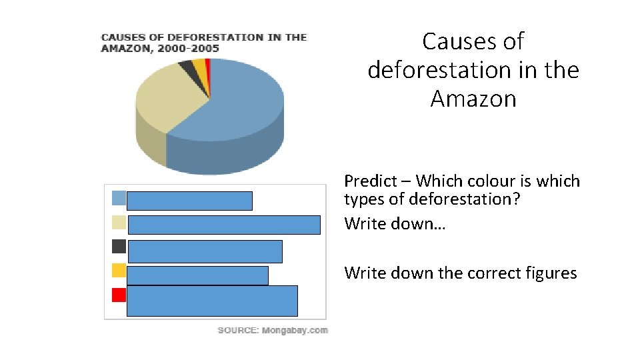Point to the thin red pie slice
coord(208,63)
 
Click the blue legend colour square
coord(119,197)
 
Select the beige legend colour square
coord(119,222)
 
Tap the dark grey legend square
coord(119,246)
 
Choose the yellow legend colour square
coord(119,270)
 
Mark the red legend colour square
coord(119,295)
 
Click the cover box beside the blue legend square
coord(189,201)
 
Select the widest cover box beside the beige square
coord(224,225)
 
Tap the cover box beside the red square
coord(212,301)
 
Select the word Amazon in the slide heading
coord(473,99)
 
